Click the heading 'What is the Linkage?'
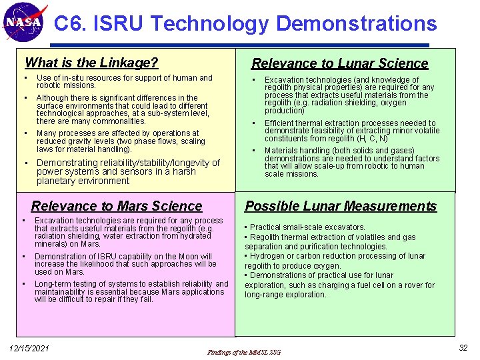coord(91,63)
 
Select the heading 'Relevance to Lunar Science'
coord(339,63)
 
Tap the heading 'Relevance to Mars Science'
coord(117,206)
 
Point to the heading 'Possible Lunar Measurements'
coord(341,206)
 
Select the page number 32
coord(463,348)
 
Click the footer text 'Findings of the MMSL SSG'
coord(245,352)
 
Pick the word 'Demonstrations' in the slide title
coord(356,24)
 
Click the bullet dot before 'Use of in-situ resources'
coord(25,78)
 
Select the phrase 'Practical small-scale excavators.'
coord(307,227)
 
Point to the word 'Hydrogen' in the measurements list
coord(269,256)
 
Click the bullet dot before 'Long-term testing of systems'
coord(24,284)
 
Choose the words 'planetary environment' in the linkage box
coord(74,181)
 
